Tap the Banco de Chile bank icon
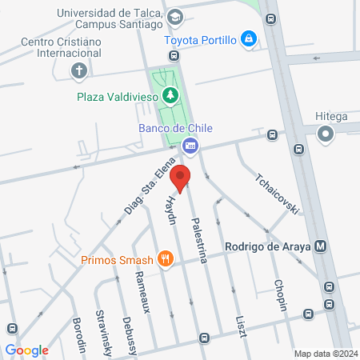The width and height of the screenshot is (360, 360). coord(190,145)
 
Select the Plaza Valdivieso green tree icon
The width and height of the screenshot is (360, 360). coord(170,96)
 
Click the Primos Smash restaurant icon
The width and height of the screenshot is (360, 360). coord(166,258)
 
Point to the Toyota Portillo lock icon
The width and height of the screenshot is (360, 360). coord(249,38)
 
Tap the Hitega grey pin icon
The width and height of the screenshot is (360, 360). coord(325,135)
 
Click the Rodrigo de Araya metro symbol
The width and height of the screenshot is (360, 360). coord(321,246)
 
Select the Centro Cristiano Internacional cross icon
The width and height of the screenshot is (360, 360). coord(78,71)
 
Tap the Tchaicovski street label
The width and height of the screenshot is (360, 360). coord(278,193)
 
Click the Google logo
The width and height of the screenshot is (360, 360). coord(26,350)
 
